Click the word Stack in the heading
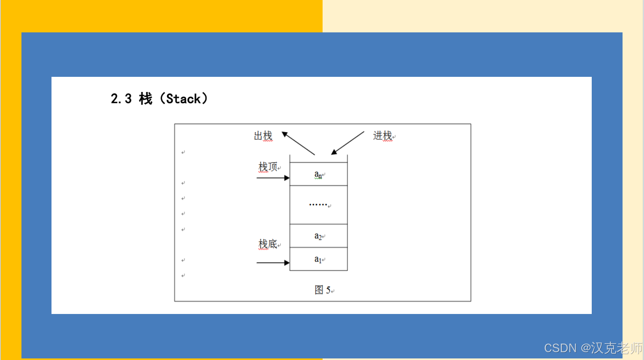tap(183, 99)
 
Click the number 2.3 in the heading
tap(121, 99)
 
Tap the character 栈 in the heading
tap(145, 99)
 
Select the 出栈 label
tap(263, 136)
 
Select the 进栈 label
tap(382, 136)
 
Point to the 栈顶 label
tap(268, 167)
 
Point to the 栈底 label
tap(268, 244)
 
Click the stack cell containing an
tap(318, 174)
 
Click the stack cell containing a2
tap(318, 236)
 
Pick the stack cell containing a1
tap(318, 259)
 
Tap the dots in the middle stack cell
tap(318, 204)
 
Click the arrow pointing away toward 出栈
tap(298, 143)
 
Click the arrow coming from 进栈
tap(348, 143)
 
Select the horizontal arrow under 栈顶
tap(273, 178)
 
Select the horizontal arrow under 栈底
tap(273, 263)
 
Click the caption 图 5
tap(323, 290)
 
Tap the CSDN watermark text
tap(560, 348)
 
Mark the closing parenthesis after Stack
tap(205, 99)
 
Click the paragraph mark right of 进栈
tap(394, 137)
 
